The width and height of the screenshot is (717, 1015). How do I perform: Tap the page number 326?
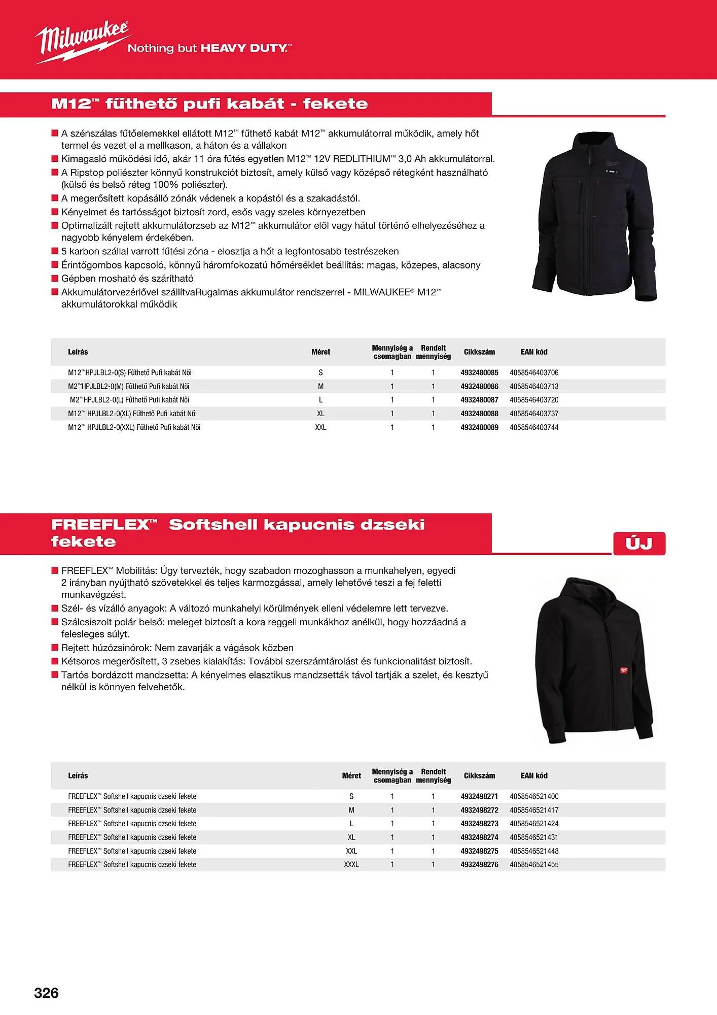(46, 993)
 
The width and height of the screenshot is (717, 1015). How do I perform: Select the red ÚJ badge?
(638, 544)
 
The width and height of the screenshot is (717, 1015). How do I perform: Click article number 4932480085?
(479, 373)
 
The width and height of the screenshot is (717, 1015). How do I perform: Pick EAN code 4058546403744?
(534, 427)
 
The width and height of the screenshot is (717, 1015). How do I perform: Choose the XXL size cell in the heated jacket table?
(320, 427)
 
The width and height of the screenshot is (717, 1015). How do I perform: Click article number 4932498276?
(479, 864)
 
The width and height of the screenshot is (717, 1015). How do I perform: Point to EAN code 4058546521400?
(534, 796)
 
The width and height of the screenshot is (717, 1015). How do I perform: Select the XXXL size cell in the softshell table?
(351, 864)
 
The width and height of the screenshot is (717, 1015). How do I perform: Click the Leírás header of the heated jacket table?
(78, 352)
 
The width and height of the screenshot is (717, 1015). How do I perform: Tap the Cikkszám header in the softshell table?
(479, 775)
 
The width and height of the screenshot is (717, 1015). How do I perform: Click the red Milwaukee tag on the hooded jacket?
(623, 669)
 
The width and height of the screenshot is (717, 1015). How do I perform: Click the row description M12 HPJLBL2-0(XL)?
(132, 414)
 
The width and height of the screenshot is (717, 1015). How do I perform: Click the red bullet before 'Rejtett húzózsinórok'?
(55, 648)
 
